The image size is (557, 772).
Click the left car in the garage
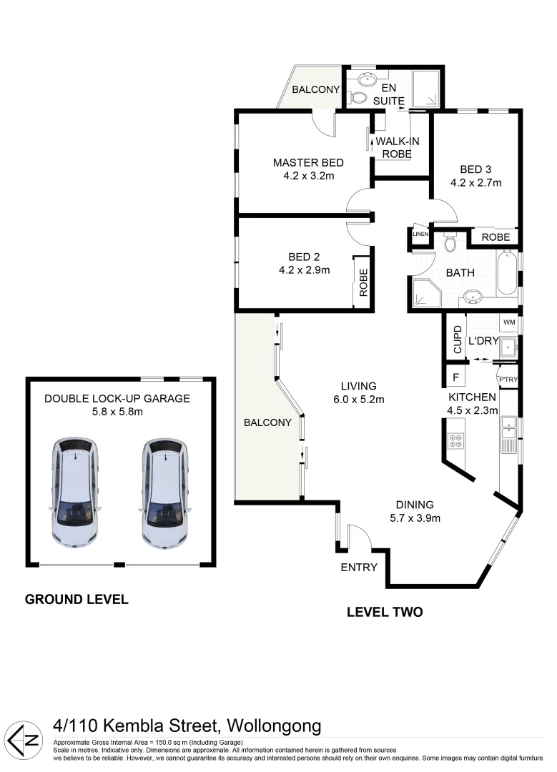pos(76,493)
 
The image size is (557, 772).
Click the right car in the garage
pos(165,493)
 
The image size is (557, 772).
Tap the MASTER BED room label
pos(308,163)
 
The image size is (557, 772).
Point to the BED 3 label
pos(475,169)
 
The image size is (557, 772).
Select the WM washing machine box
pos(508,322)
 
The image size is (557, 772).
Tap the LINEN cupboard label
pos(420,234)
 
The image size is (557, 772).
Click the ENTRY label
pos(358,567)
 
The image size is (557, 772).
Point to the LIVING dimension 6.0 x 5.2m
pos(358,400)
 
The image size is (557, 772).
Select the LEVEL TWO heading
pos(384,612)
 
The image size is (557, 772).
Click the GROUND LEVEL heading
pos(77,599)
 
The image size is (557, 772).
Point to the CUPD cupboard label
pos(457,340)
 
